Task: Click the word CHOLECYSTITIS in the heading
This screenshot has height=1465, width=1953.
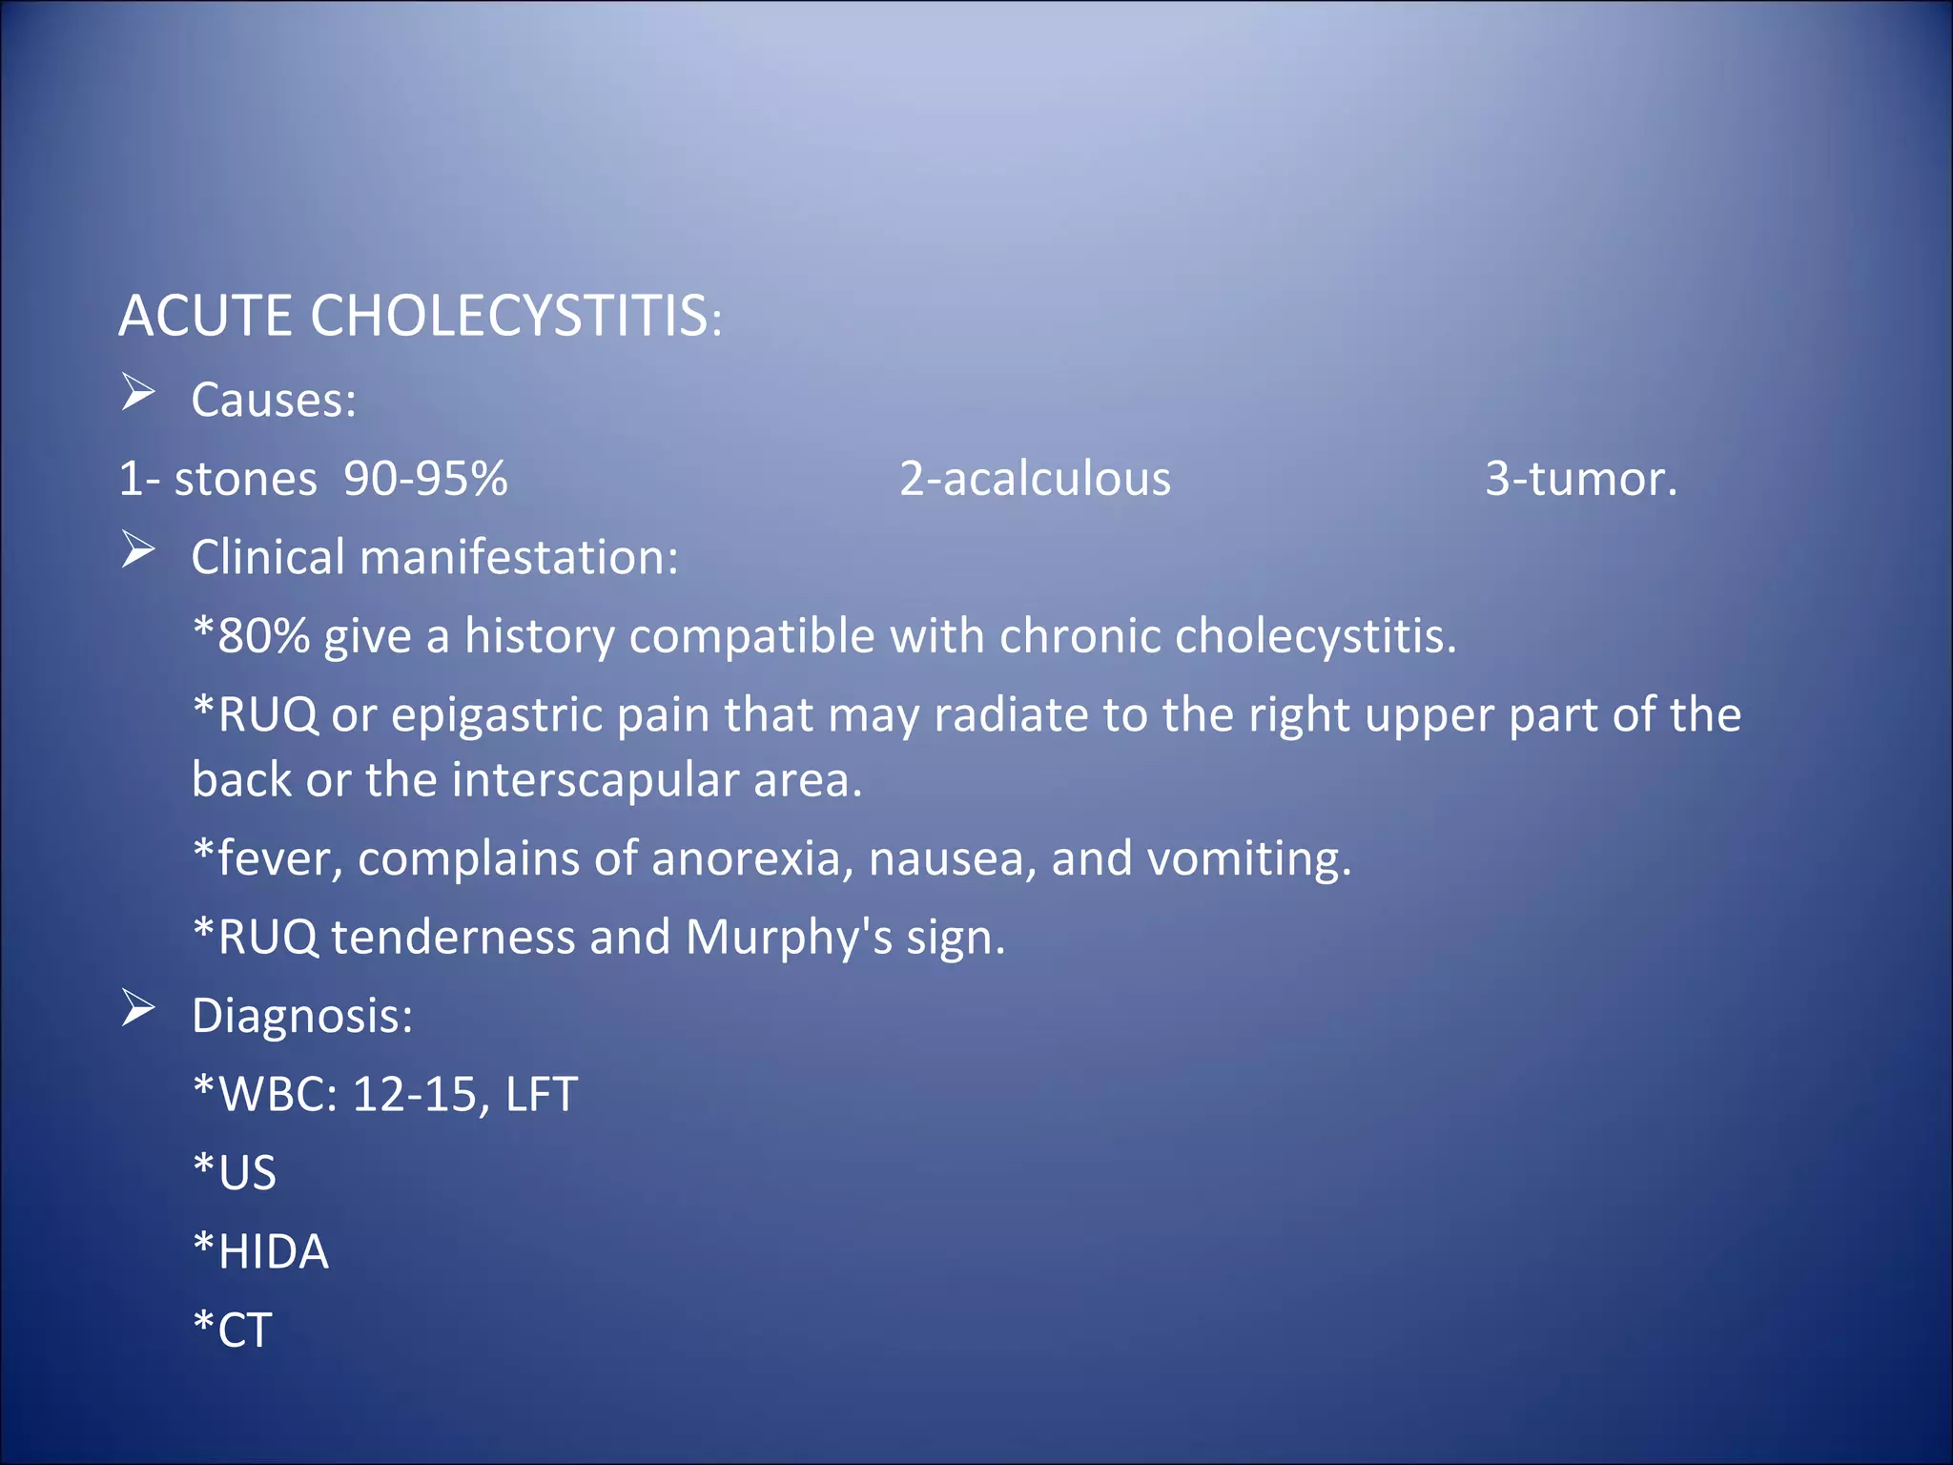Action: pos(510,316)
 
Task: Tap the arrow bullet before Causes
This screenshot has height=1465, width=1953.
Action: pos(138,392)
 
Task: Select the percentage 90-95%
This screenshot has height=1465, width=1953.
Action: pos(425,478)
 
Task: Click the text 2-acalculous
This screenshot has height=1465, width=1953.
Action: pos(1035,478)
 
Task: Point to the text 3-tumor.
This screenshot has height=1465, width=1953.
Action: pos(1580,478)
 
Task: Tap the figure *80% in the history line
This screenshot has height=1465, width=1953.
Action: pos(251,635)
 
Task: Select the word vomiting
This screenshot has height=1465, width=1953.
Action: pos(1248,858)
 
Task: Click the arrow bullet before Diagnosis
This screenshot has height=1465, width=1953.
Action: pos(138,1008)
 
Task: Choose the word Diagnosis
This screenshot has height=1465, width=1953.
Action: pos(301,1016)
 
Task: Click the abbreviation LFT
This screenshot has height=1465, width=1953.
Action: pos(541,1094)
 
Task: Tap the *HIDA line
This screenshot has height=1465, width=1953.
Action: pos(260,1251)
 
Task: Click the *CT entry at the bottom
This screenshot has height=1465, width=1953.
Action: pos(233,1330)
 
